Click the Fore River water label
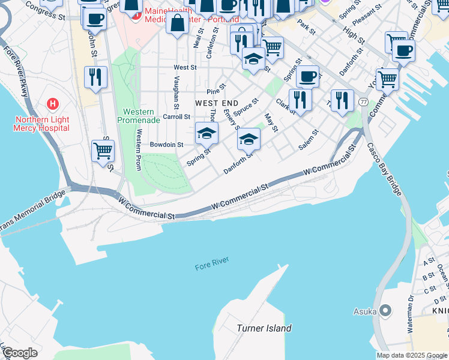click(212, 263)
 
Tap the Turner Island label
click(264, 328)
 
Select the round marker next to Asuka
click(385, 311)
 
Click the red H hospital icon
click(53, 104)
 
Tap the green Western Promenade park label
click(142, 116)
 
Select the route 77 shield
click(364, 102)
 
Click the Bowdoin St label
click(166, 145)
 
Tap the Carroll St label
click(176, 116)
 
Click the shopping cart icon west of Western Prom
click(103, 151)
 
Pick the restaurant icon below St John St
click(95, 77)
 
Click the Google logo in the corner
click(19, 353)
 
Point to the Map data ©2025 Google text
click(411, 355)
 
